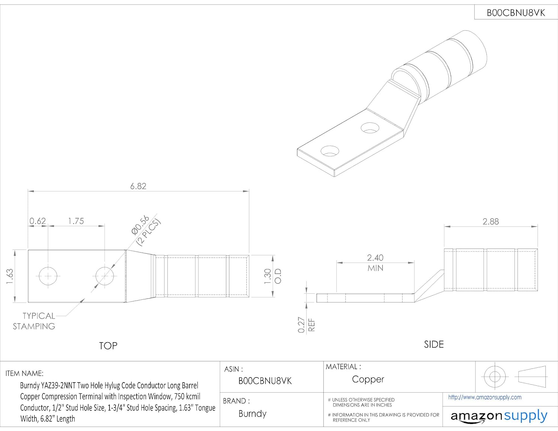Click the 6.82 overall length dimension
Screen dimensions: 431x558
coord(138,186)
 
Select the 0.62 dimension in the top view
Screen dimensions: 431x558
coord(38,221)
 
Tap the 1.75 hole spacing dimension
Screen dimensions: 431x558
coord(76,221)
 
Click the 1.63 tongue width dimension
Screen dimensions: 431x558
coord(10,277)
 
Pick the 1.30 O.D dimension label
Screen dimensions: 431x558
coord(272,276)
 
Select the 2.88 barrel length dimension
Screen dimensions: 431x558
coord(490,221)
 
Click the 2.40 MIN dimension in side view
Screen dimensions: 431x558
coord(375,262)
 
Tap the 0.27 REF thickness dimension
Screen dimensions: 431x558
coord(306,325)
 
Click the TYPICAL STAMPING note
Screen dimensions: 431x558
coord(34,321)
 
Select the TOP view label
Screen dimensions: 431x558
coord(108,346)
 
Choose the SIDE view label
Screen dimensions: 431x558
coord(434,344)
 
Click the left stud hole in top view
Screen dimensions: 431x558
coord(48,276)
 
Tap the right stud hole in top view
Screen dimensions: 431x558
coord(105,276)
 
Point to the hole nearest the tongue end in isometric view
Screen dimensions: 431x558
coord(330,151)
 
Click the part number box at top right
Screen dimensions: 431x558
coord(516,13)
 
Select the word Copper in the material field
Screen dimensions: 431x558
coord(368,379)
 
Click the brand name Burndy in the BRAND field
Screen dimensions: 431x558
coord(252,414)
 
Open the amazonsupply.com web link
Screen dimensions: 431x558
coord(485,397)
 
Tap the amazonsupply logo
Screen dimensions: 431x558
coord(498,416)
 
